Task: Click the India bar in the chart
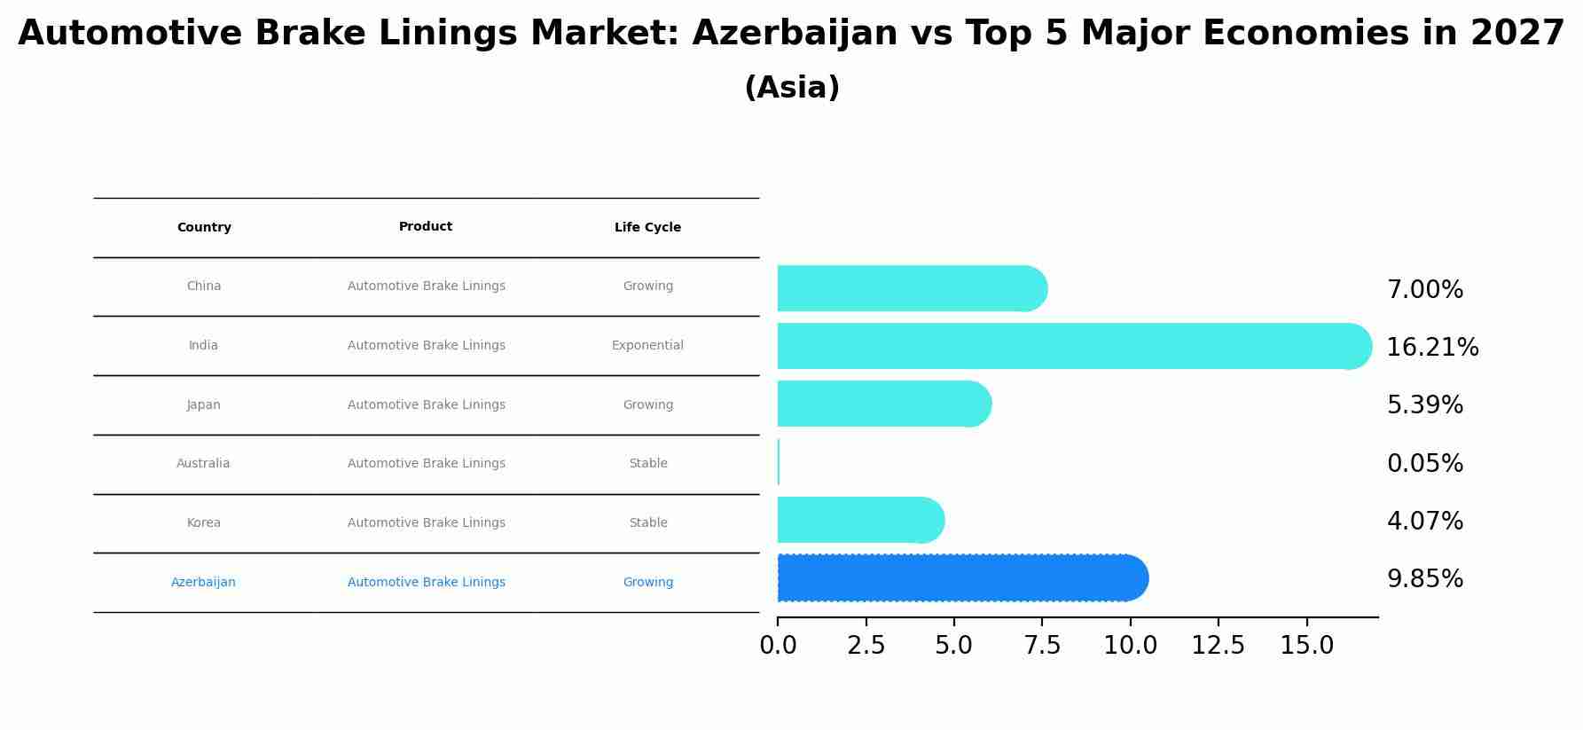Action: [x=1073, y=346]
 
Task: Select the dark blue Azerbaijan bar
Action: [x=962, y=578]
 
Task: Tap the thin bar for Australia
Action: [x=779, y=462]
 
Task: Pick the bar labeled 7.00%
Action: [x=912, y=288]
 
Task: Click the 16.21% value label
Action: [x=1432, y=348]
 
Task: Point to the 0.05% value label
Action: [x=1424, y=464]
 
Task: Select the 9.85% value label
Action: [x=1424, y=579]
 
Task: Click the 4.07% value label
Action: [x=1424, y=522]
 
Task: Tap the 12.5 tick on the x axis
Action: [x=1218, y=646]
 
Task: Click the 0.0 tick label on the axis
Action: [x=778, y=646]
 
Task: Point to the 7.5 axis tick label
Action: [x=1042, y=646]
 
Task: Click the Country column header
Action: [x=204, y=228]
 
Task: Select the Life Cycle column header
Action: [x=647, y=228]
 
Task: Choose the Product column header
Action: [x=426, y=227]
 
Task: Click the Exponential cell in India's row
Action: [x=647, y=346]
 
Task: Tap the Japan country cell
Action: [x=203, y=405]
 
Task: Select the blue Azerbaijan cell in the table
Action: [x=203, y=583]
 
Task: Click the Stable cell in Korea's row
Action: [x=647, y=523]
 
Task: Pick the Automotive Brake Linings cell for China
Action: [x=426, y=287]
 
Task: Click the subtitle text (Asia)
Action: [x=791, y=88]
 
